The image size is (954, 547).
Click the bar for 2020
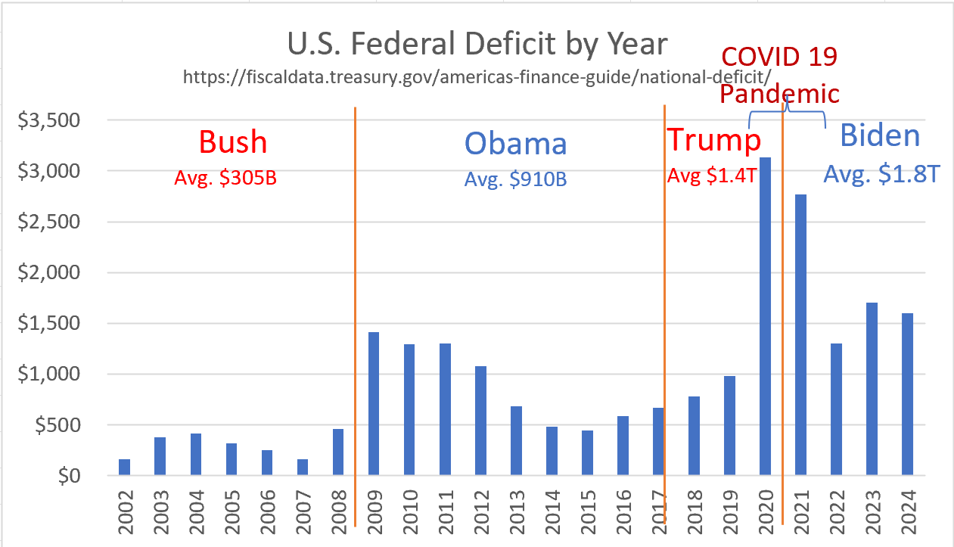[765, 318]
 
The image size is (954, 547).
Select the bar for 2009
[374, 404]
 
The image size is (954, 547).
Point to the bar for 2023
[872, 390]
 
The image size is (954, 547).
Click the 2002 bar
[124, 468]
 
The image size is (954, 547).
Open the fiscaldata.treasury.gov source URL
[477, 76]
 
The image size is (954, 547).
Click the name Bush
[233, 141]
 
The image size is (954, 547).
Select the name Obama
[515, 143]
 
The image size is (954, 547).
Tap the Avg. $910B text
[515, 180]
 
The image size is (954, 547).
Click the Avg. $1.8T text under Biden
[881, 175]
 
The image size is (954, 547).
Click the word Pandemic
[778, 93]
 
